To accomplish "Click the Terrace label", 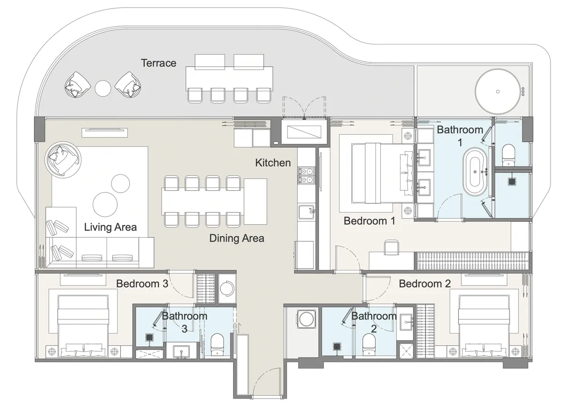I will coord(158,63).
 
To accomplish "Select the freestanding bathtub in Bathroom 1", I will coord(476,171).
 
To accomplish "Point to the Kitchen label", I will coord(273,163).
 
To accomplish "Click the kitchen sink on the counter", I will coord(306,211).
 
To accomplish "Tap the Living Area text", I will coord(110,227).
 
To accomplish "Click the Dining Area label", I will coord(236,238).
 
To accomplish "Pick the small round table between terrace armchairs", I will coord(103,88).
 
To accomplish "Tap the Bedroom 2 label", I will coord(425,284).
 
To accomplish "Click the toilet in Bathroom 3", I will coord(217,344).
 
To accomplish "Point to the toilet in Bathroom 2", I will coord(369,344).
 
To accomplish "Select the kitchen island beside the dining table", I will coord(255,201).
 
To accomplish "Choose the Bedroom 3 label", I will coord(142,284).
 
